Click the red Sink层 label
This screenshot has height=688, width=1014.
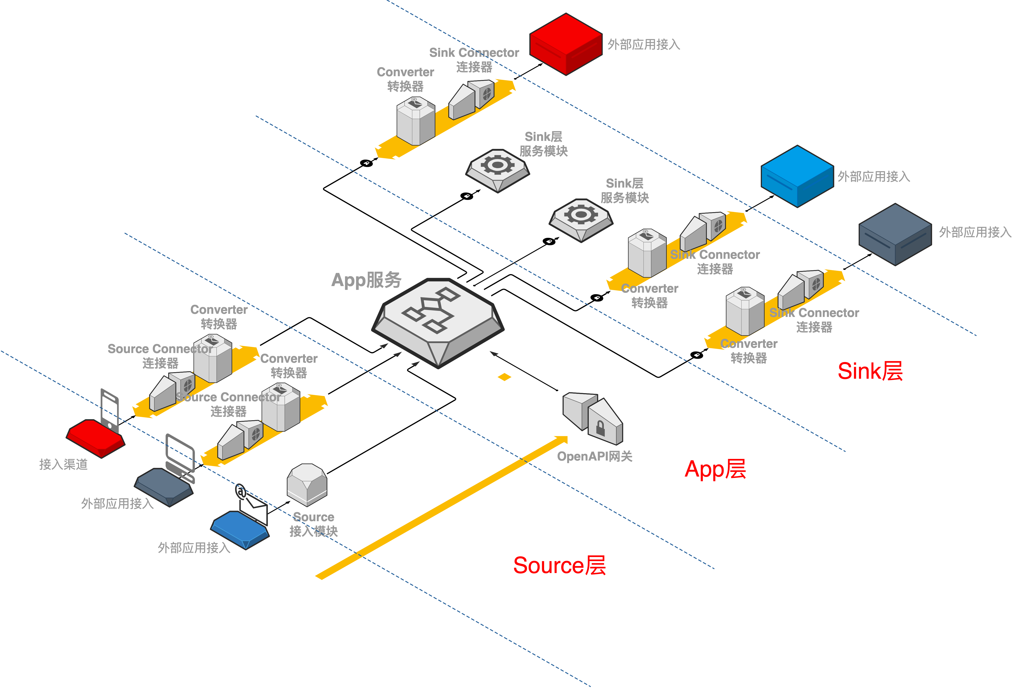(870, 371)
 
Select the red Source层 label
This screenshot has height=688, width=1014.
(559, 565)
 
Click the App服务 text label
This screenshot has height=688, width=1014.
(366, 280)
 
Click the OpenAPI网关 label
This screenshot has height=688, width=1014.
(594, 456)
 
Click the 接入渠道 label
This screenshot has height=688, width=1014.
(63, 464)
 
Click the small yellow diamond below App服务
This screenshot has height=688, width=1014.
(504, 377)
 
